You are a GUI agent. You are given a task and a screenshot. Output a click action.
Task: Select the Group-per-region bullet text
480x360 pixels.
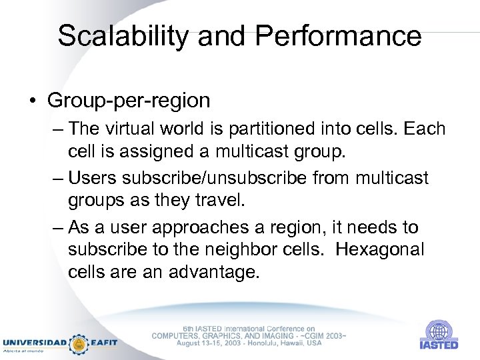[129, 100]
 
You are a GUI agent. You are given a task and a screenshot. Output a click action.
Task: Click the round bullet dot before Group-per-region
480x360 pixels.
[32, 101]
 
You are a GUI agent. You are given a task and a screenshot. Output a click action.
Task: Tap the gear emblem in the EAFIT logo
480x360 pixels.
[79, 343]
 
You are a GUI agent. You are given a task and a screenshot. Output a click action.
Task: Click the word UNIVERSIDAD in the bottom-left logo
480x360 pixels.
[34, 343]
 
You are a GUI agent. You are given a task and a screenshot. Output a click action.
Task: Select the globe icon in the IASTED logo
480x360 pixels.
[439, 331]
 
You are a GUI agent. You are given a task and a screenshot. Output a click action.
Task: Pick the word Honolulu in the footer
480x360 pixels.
[263, 343]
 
